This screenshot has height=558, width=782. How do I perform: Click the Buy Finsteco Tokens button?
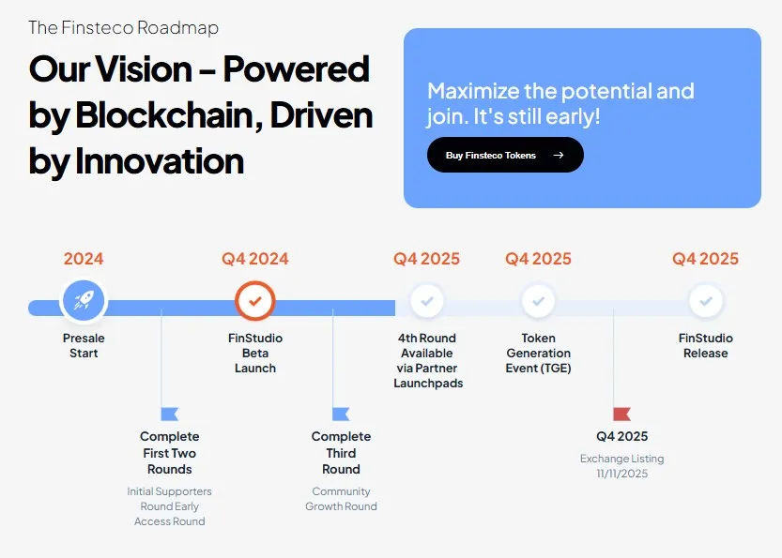click(x=504, y=156)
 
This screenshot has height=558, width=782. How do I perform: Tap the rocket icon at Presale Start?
click(x=84, y=301)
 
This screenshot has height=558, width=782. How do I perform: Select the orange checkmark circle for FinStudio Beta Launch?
click(x=255, y=301)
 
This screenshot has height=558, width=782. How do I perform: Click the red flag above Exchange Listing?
click(x=621, y=414)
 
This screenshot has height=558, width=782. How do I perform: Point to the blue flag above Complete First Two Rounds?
click(x=169, y=414)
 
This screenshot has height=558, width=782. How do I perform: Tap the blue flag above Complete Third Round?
click(x=341, y=414)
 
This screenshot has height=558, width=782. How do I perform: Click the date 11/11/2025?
click(x=621, y=474)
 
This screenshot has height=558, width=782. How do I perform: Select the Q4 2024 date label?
click(x=255, y=259)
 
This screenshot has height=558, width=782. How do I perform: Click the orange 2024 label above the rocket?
click(x=84, y=259)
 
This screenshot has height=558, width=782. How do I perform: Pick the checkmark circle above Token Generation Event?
click(x=538, y=301)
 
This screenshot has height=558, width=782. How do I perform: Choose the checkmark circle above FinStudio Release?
click(x=706, y=301)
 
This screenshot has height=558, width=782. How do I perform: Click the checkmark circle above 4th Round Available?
click(x=427, y=301)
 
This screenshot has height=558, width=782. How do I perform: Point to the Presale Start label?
click(x=84, y=345)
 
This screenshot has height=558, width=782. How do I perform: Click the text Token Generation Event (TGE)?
click(x=538, y=353)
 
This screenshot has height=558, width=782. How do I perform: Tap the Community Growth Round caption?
click(x=341, y=499)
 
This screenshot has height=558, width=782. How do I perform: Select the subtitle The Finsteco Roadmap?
click(x=123, y=27)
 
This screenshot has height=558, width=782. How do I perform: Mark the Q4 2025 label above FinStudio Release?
click(x=706, y=259)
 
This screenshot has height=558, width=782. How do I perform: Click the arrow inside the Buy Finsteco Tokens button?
click(x=559, y=156)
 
